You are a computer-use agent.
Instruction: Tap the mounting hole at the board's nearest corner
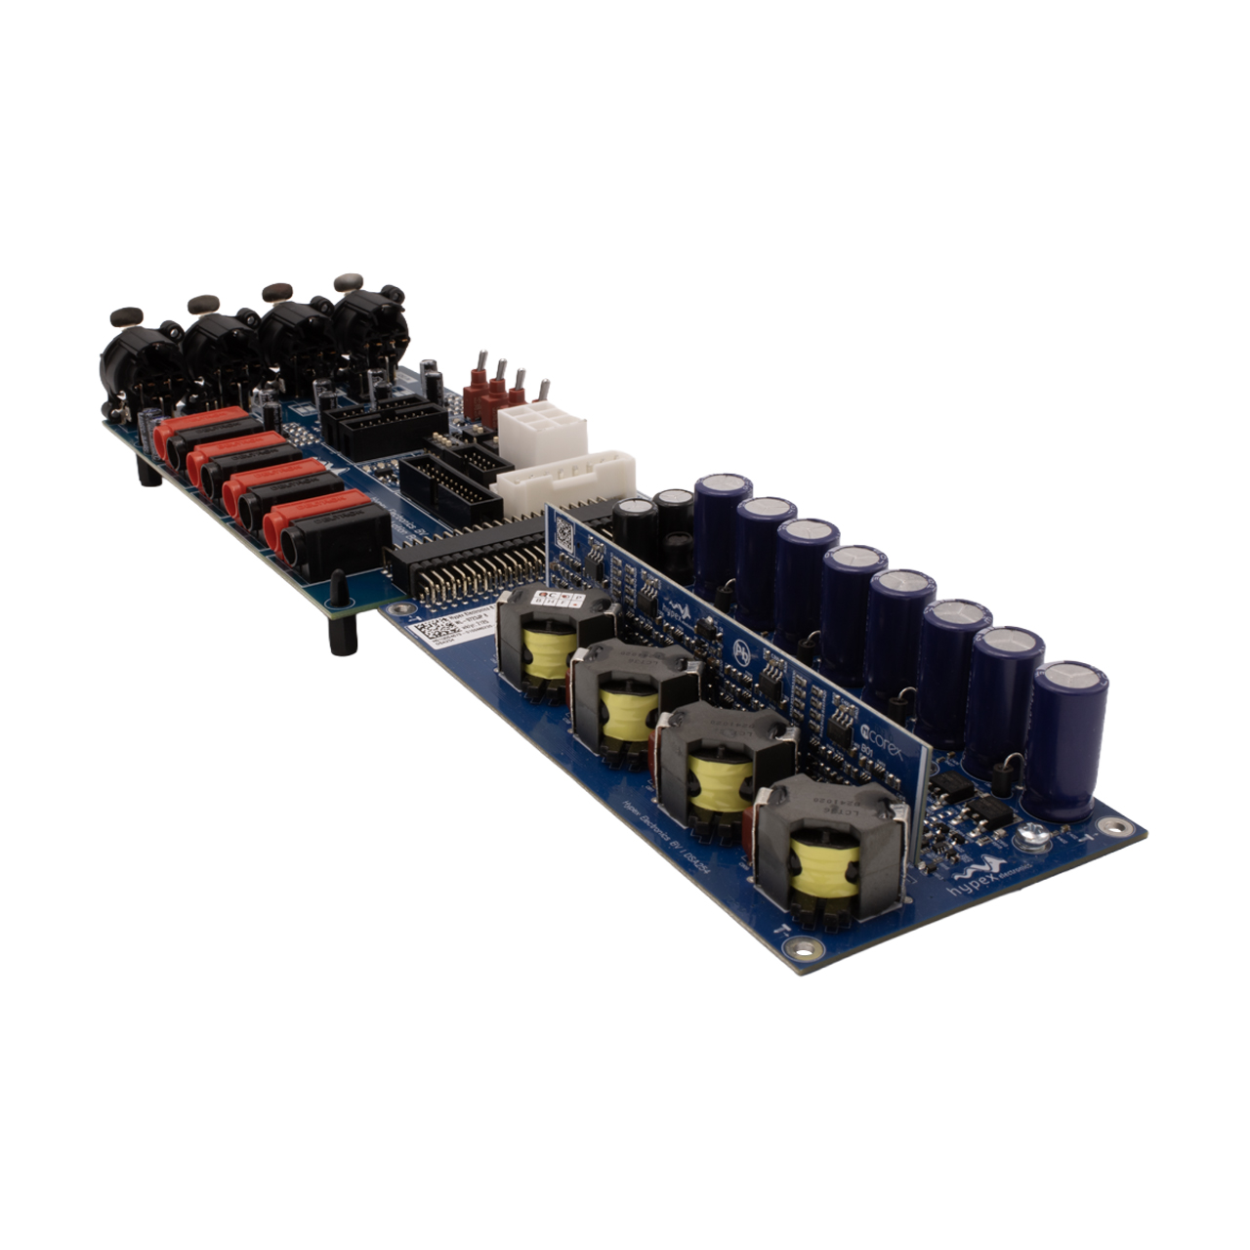point(803,945)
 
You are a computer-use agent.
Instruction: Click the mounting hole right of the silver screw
point(1108,826)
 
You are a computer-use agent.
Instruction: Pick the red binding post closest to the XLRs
point(195,426)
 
